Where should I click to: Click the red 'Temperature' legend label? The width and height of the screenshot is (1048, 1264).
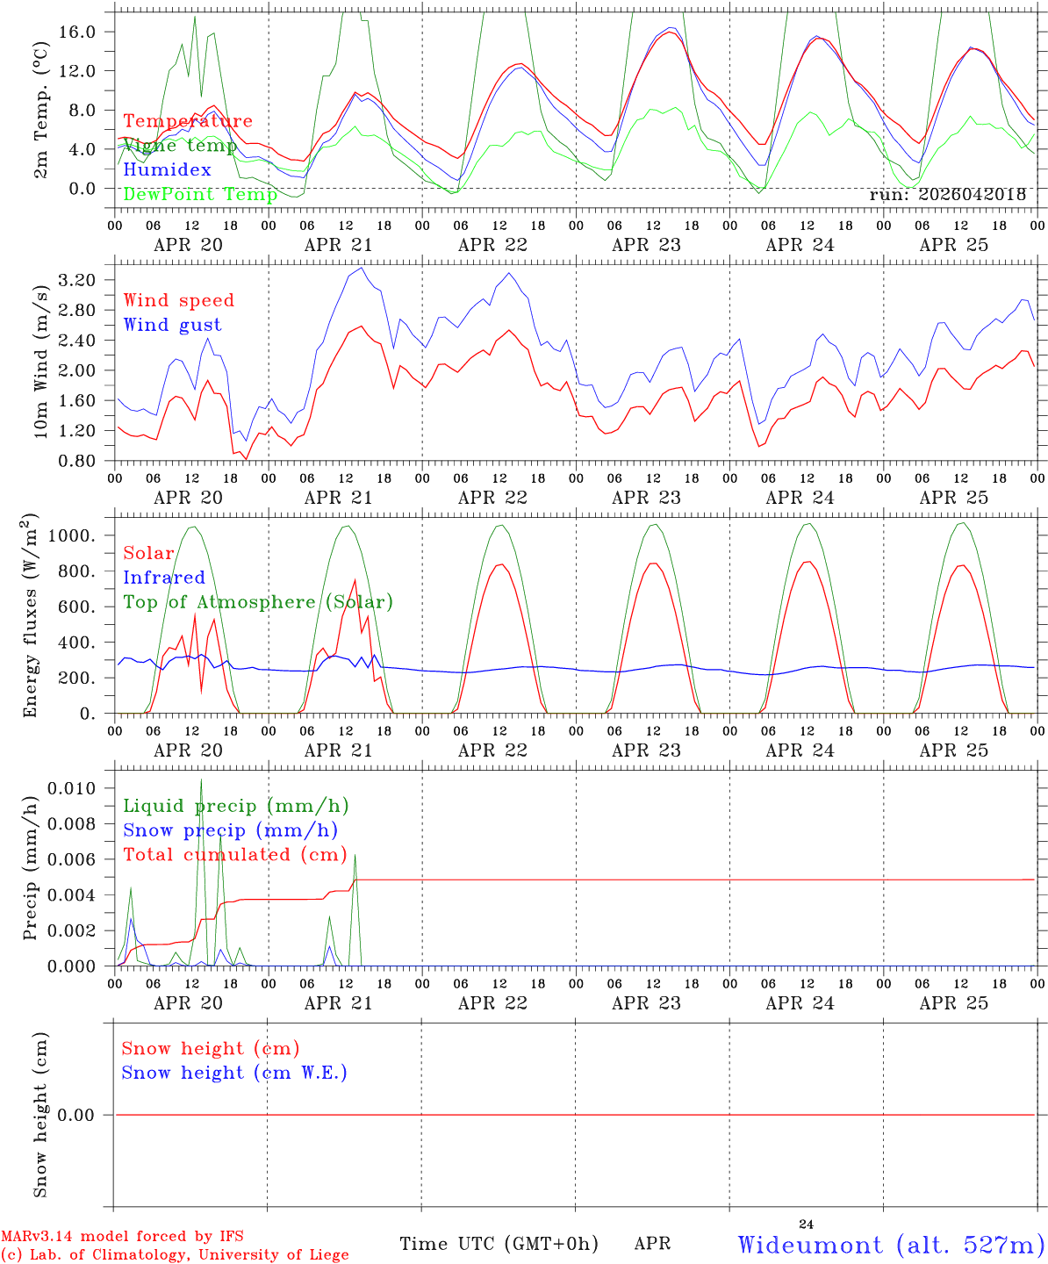pos(188,121)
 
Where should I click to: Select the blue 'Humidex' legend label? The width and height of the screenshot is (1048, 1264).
pos(167,169)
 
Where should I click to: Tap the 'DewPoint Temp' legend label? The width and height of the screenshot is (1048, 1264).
pos(200,194)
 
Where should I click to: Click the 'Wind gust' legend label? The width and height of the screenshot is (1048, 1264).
pos(173,325)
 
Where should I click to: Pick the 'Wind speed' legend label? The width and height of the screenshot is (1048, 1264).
pos(178,301)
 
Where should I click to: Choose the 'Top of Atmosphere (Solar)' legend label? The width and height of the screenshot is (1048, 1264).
pos(259,602)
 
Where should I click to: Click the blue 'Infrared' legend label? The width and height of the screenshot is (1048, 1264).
pos(164,578)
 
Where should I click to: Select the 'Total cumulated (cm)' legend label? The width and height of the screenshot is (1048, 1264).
pos(235,855)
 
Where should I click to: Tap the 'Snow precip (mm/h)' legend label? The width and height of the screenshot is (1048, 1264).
pos(230,830)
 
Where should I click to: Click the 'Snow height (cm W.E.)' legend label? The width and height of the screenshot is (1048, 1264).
pos(234,1073)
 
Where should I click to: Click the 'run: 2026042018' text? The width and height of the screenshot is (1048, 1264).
pos(947,194)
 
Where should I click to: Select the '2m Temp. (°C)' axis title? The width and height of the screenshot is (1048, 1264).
pos(40,111)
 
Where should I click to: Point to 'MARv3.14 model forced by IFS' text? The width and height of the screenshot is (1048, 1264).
pos(122,1236)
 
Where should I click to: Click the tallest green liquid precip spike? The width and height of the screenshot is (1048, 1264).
pos(201,779)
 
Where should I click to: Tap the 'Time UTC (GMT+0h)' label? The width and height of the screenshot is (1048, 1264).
pos(499,1244)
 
